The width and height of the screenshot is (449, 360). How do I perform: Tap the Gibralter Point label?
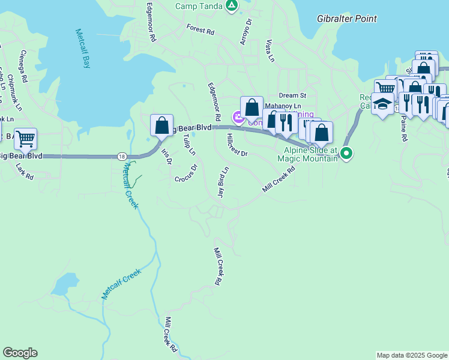(x=347, y=19)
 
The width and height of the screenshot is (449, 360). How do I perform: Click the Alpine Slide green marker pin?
(x=346, y=154)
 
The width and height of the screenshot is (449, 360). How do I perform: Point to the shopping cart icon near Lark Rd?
(x=25, y=139)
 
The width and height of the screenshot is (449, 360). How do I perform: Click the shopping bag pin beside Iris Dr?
(x=161, y=126)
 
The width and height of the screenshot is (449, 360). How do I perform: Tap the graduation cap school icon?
(x=382, y=104)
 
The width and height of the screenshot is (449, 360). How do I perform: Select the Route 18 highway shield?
(x=122, y=157)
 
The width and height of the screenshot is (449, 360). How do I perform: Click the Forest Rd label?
(x=200, y=29)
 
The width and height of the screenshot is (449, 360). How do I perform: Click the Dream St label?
(x=293, y=95)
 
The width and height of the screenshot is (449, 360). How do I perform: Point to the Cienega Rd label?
(x=23, y=66)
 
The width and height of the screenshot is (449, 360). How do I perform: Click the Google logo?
(x=20, y=353)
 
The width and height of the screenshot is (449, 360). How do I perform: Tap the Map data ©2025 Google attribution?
(x=412, y=355)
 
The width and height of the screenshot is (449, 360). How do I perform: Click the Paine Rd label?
(x=403, y=128)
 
